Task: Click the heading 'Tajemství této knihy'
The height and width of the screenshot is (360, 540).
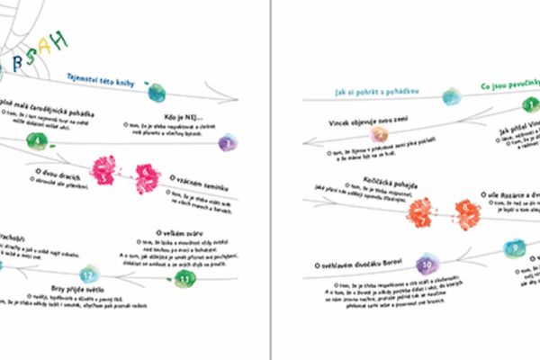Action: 106,81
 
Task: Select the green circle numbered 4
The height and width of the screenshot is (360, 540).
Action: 37,139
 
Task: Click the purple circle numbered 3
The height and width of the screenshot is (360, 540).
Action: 229,142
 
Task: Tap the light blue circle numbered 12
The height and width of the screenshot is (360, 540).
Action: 87,274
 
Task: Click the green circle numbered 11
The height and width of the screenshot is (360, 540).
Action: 184,281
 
